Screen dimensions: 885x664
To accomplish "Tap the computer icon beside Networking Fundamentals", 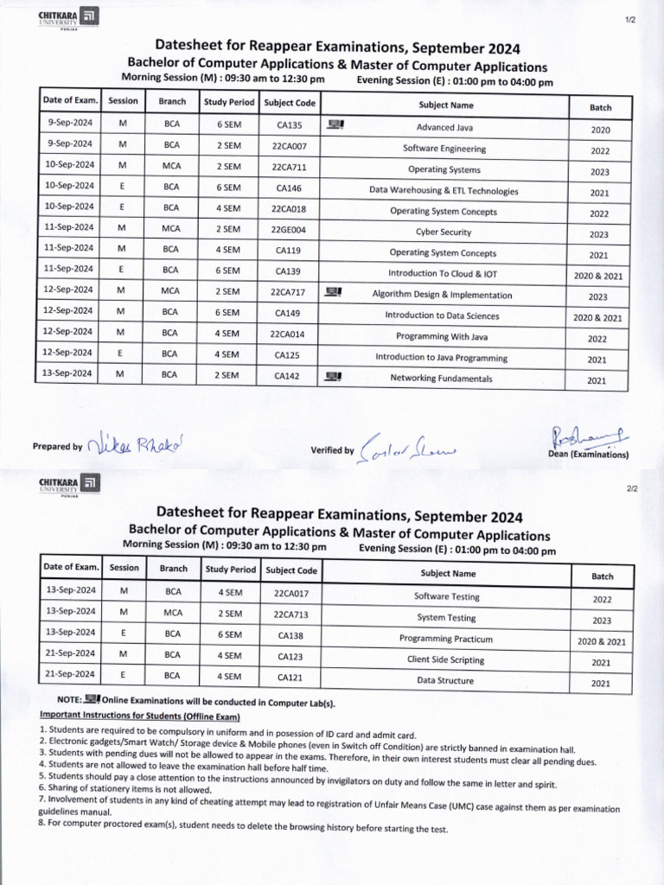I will pos(335,377).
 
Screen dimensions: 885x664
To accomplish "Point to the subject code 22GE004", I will pos(288,231).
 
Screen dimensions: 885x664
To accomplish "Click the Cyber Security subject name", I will pos(444,232).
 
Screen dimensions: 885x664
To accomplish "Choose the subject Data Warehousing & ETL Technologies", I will pos(444,190).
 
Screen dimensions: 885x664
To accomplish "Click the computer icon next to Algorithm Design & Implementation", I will pos(332,293).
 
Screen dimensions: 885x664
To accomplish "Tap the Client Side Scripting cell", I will pos(445,659).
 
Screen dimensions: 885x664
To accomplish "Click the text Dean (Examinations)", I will pos(588,455).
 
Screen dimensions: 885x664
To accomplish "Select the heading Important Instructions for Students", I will pos(139,716).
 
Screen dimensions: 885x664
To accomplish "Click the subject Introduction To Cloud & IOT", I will pos(443,273).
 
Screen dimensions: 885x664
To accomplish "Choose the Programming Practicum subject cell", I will pos(445,639).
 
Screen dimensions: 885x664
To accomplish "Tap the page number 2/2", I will pos(631,489).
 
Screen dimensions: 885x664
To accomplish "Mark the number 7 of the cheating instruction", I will pos(42,799).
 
